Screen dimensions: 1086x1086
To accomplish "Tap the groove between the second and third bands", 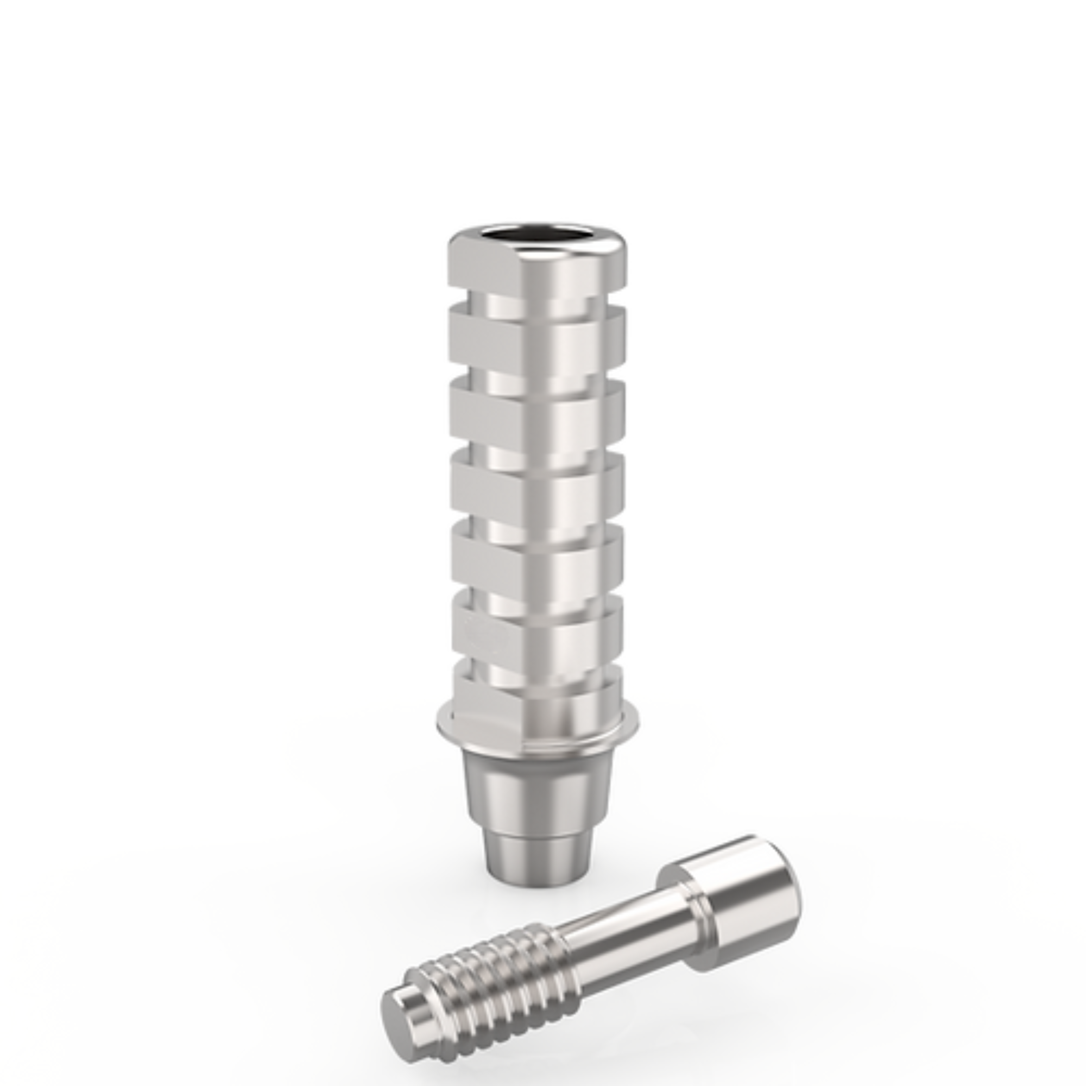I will pos(537,374).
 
